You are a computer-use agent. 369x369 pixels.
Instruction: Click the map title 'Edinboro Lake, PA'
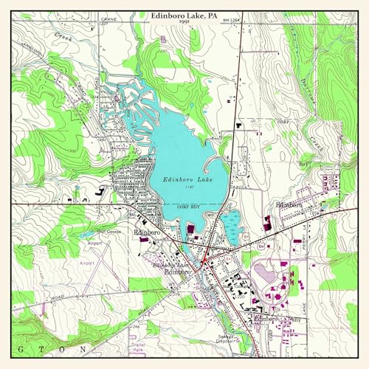184,15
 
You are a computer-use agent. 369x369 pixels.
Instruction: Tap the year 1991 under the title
184,22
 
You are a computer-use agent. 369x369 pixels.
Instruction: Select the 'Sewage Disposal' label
226,339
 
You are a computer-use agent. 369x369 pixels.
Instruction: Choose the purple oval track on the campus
263,275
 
